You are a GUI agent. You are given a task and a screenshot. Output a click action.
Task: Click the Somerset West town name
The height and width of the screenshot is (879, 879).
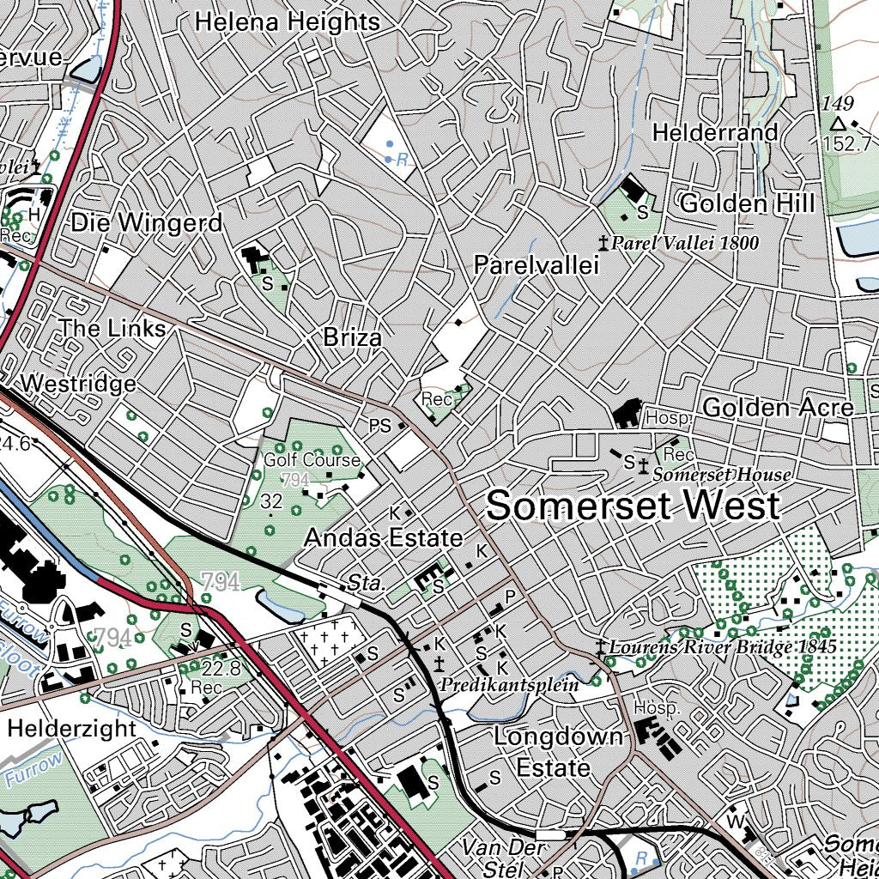[x=633, y=506]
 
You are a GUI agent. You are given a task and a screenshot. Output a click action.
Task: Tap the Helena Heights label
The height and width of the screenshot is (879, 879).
[x=287, y=21]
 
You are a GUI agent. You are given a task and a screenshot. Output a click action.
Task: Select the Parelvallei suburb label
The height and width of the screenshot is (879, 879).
[x=536, y=266]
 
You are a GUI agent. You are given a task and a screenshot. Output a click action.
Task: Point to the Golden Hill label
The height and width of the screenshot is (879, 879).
[x=746, y=203]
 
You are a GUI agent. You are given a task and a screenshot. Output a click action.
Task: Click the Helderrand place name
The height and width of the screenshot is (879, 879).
[x=715, y=132]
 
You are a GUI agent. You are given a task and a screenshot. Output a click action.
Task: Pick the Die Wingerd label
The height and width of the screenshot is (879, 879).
[x=147, y=223]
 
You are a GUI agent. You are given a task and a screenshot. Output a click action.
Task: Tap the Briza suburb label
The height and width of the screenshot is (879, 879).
[x=353, y=338]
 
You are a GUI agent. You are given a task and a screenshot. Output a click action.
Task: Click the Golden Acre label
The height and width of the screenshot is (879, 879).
[x=778, y=408]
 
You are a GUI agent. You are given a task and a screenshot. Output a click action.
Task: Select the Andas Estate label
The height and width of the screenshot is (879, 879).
[x=384, y=539]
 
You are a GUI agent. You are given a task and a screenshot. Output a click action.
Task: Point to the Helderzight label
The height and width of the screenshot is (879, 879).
[x=72, y=729]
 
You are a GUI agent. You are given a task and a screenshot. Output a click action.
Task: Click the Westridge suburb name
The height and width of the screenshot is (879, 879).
[x=80, y=383]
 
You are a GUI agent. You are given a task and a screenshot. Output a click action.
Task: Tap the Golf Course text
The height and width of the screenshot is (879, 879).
[x=312, y=460]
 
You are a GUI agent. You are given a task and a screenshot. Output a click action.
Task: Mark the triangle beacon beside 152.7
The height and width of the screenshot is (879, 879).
[x=838, y=125]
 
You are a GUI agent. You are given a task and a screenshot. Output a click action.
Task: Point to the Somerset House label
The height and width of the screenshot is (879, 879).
[x=722, y=474]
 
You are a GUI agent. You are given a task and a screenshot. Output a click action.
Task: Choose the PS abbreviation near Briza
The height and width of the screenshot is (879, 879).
[x=379, y=425]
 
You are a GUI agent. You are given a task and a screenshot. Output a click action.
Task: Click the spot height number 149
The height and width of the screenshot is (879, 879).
[x=837, y=104]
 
